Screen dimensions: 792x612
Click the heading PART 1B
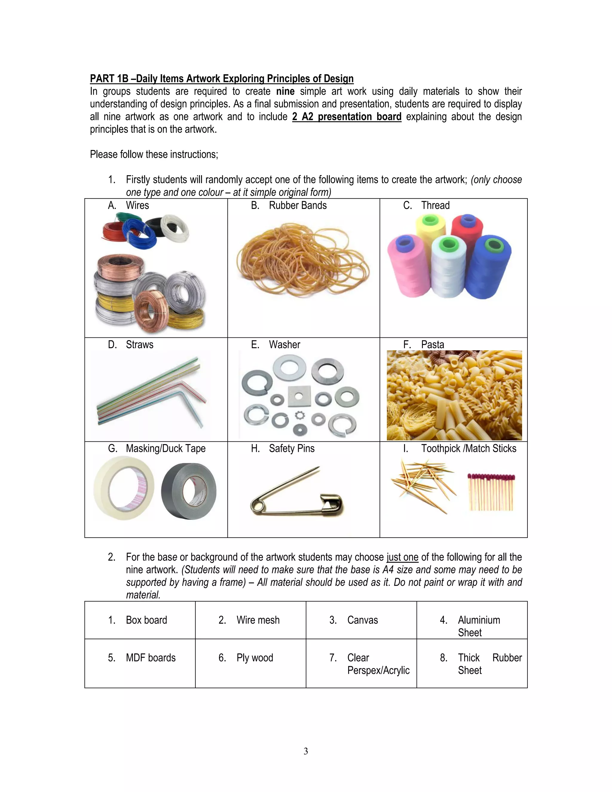(x=221, y=79)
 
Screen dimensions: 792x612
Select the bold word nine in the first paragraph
(x=285, y=91)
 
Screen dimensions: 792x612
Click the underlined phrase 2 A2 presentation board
(x=347, y=117)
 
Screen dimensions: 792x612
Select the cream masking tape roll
(x=123, y=488)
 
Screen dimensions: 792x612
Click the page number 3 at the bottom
(x=306, y=751)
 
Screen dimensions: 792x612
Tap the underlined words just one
(x=403, y=557)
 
